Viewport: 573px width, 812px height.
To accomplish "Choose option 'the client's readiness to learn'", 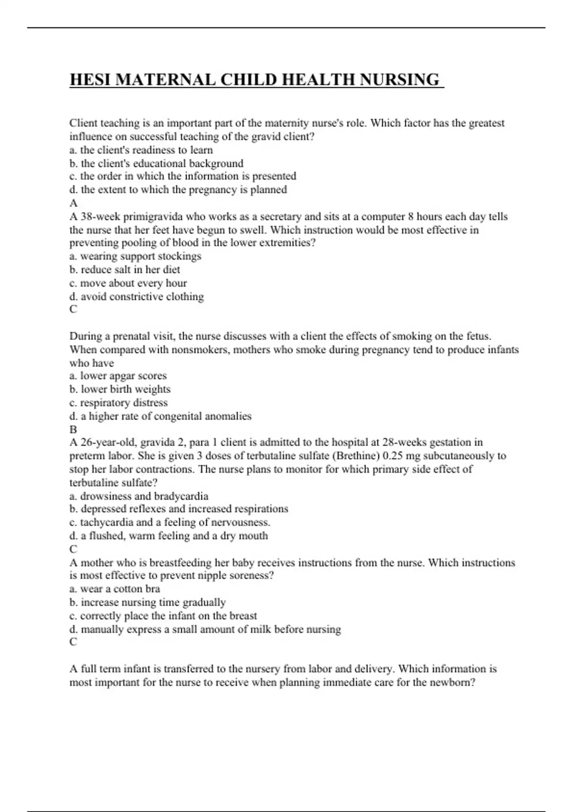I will [141, 150].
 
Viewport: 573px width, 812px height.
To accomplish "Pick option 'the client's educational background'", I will [156, 163].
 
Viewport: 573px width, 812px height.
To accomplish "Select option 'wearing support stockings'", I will [135, 256].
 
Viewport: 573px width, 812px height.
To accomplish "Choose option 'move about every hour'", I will [128, 283].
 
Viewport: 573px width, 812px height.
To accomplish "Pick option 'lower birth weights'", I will [120, 389].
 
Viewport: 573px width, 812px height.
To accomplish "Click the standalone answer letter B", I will [73, 429].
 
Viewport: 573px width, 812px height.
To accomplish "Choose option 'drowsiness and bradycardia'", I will [138, 496].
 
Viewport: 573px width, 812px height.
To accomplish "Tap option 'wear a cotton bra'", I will [115, 589].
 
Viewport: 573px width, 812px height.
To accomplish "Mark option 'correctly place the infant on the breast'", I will [163, 616].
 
